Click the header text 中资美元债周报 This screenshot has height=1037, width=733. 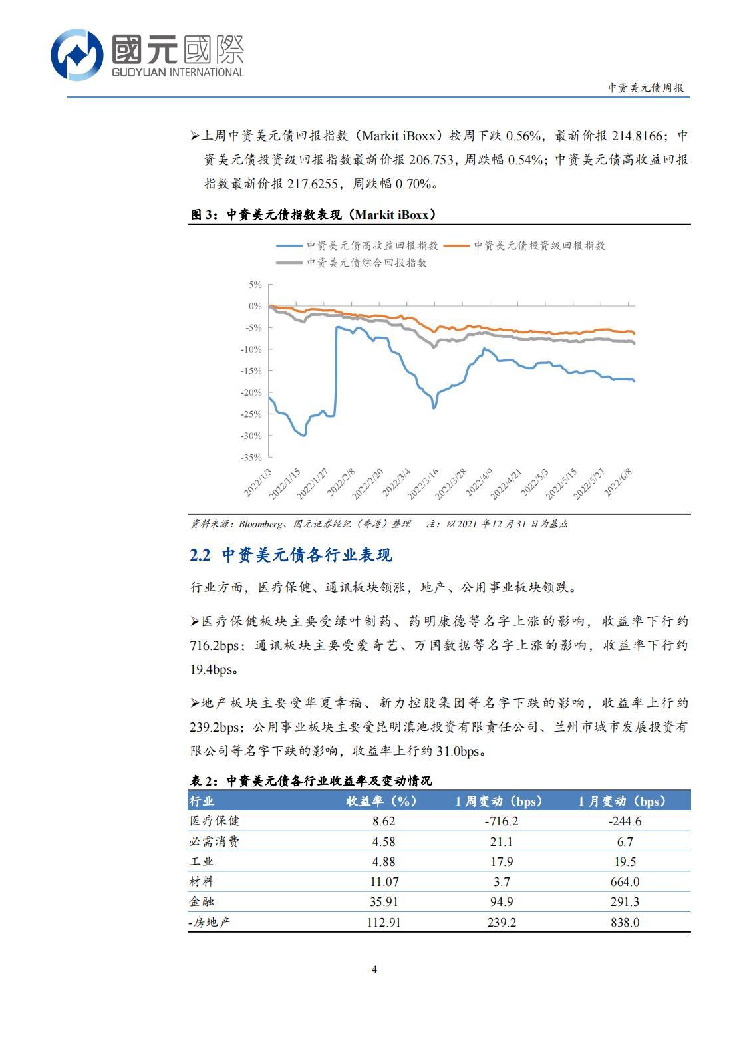(645, 88)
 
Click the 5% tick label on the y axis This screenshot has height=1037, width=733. (255, 285)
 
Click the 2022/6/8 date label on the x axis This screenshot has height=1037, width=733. (619, 480)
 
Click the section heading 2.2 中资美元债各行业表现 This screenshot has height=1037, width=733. (291, 555)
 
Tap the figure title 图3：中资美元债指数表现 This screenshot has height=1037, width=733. (313, 214)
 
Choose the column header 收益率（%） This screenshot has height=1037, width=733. (381, 801)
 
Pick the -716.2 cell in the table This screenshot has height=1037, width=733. (501, 821)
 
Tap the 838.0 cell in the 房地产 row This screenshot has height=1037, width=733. (624, 923)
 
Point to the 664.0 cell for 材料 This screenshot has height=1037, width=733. (624, 882)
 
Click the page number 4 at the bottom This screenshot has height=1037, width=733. (374, 969)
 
